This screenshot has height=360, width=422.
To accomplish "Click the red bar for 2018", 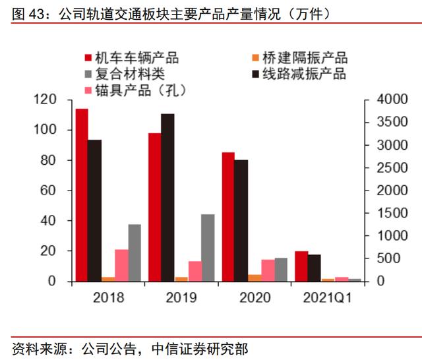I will (82, 195).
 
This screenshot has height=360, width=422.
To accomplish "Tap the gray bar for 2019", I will (208, 248).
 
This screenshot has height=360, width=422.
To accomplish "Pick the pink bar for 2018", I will (121, 265).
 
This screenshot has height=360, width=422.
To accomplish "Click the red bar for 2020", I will (228, 217).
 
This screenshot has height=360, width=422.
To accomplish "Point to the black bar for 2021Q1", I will (314, 268).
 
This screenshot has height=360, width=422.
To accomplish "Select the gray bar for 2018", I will (135, 253).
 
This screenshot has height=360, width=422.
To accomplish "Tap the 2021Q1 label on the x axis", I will (326, 298).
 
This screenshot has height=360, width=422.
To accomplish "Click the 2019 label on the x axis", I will (181, 298).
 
